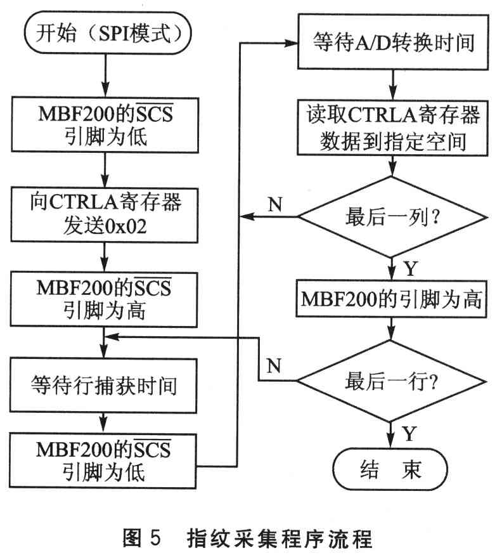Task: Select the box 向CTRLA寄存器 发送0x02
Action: point(105,215)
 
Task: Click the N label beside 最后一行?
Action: point(274,366)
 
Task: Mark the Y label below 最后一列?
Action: point(410,268)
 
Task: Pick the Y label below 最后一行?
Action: point(410,433)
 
